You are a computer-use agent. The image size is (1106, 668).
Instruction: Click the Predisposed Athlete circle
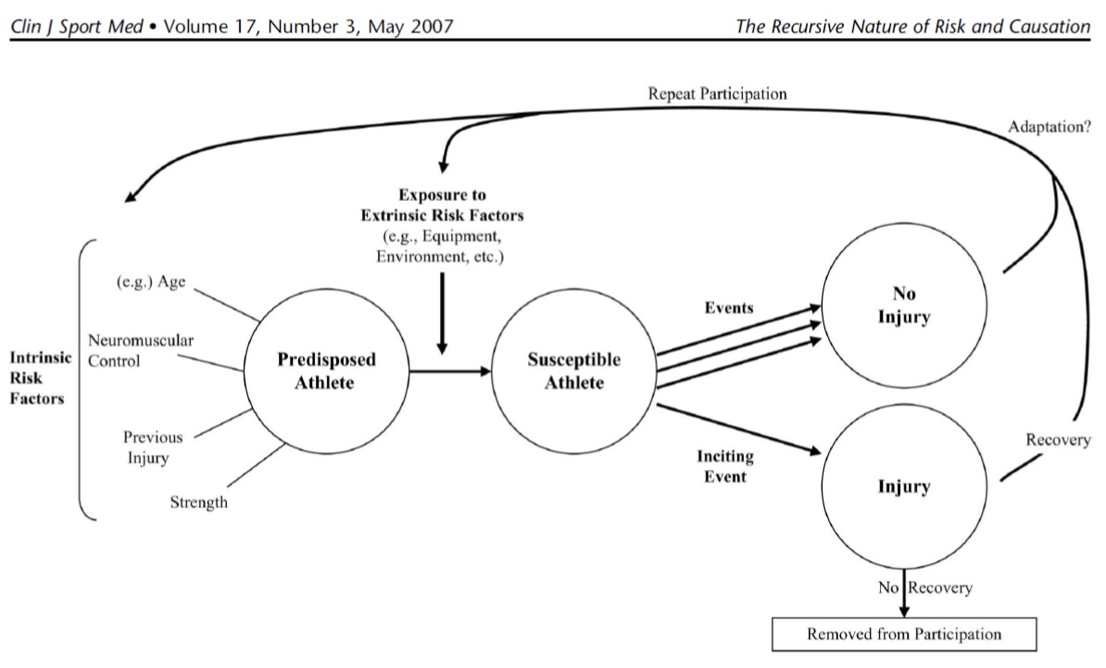[324, 371]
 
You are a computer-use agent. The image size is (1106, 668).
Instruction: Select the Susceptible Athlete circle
[574, 371]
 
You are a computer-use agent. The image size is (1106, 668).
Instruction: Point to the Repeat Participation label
[718, 94]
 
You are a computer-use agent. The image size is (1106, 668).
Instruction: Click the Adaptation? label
[1049, 128]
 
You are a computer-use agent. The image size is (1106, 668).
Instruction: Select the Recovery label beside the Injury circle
[1058, 440]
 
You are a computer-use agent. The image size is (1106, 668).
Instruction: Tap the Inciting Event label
[724, 467]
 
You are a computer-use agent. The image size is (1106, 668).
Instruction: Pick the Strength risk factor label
[198, 503]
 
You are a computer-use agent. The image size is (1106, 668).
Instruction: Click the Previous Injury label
[153, 447]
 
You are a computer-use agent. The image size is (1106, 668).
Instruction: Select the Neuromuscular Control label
[141, 351]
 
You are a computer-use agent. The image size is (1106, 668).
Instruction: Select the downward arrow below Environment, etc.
[442, 315]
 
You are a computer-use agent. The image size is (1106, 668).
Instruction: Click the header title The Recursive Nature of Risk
[912, 26]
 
